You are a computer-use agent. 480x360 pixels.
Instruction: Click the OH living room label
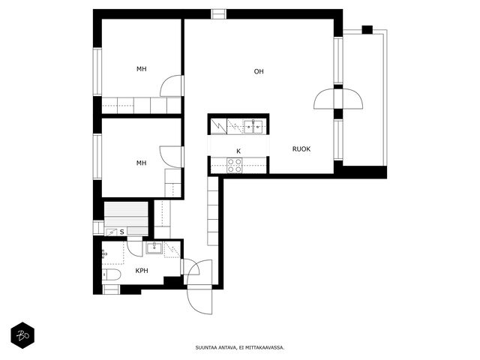pos(259,71)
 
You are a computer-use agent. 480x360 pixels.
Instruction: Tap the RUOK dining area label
pos(301,149)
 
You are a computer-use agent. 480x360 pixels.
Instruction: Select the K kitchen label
pos(238,151)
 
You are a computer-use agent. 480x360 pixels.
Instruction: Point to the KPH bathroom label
pos(142,271)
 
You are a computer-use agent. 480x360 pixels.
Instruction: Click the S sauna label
pos(121,232)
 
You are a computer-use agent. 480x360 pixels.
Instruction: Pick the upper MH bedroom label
pos(142,69)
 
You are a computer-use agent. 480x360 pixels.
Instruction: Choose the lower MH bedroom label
pos(142,163)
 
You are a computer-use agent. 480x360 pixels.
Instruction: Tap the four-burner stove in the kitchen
pos(235,165)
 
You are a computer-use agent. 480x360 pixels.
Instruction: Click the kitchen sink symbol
pos(253,127)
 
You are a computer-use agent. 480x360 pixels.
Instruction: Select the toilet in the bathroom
pos(112,274)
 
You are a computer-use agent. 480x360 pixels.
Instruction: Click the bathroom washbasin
pos(154,247)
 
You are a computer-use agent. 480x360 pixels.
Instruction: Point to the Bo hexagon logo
pos(22,335)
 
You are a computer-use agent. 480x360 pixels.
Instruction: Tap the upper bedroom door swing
pos(172,85)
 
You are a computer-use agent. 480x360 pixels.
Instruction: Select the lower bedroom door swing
pos(172,157)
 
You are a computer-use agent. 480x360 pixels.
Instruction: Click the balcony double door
pos(338,99)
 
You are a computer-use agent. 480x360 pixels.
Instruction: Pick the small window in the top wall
pos(218,14)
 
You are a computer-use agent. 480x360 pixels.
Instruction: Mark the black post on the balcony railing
pos(367,30)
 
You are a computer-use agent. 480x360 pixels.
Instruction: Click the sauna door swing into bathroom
pos(135,247)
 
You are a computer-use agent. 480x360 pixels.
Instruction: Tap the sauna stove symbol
pos(111,232)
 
